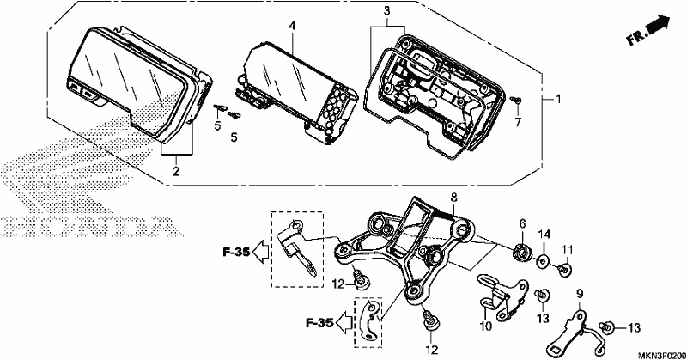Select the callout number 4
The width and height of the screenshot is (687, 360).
click(292, 26)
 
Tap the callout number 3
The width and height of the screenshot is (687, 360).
click(386, 11)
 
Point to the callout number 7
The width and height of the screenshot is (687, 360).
click(518, 122)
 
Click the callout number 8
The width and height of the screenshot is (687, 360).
click(453, 198)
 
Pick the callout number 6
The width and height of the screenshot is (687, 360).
click(522, 223)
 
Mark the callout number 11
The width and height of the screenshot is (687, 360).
click(568, 250)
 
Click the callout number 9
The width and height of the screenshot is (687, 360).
click(579, 293)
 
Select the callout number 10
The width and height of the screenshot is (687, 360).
click(486, 326)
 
